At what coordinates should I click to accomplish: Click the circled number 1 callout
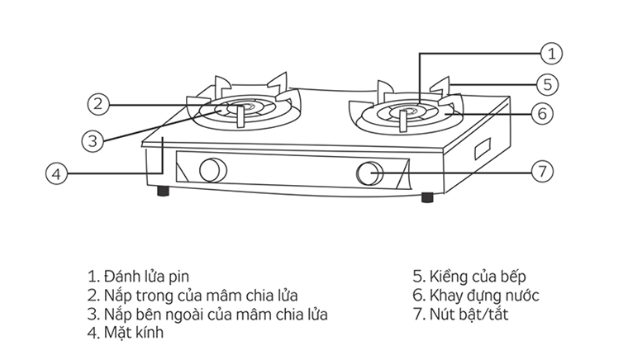pyautogui.click(x=552, y=54)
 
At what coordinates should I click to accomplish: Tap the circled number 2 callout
pyautogui.click(x=98, y=104)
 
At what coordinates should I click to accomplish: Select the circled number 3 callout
pyautogui.click(x=93, y=140)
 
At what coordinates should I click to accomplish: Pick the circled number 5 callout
pyautogui.click(x=547, y=83)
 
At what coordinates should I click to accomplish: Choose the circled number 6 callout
pyautogui.click(x=540, y=113)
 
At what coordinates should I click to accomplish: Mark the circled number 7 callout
pyautogui.click(x=540, y=172)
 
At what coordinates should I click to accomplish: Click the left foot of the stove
pyautogui.click(x=164, y=192)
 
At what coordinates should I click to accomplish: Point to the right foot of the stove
pyautogui.click(x=426, y=197)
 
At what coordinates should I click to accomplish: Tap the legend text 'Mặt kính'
pyautogui.click(x=126, y=334)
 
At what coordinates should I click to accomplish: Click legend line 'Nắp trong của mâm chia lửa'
pyautogui.click(x=192, y=296)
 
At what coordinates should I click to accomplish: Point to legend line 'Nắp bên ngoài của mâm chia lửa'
pyautogui.click(x=207, y=315)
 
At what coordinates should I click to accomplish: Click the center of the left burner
pyautogui.click(x=241, y=107)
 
